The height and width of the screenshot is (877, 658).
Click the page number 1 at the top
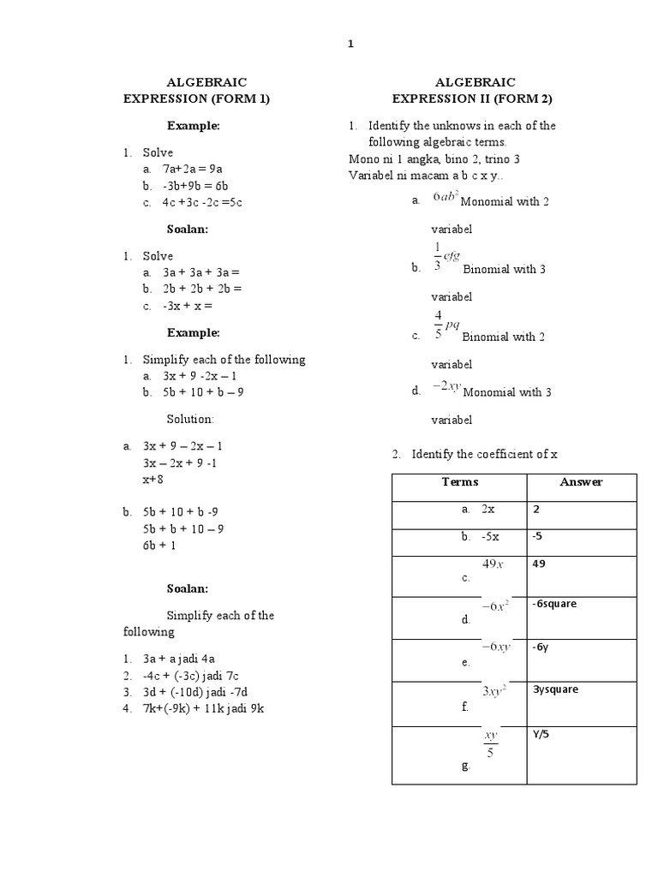coord(350,45)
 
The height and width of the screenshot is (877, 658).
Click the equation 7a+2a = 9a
coord(193,170)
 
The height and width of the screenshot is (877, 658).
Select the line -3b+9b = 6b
coord(195,186)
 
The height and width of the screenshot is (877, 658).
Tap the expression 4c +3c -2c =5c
coord(202,203)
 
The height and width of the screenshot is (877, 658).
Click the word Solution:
coord(190,419)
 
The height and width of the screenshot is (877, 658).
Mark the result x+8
coord(153,480)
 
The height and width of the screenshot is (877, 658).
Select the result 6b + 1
coord(159,545)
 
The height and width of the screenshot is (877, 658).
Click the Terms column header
coord(460,482)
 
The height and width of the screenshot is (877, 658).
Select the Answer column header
coord(581,482)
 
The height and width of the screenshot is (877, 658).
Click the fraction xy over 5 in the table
coord(490,744)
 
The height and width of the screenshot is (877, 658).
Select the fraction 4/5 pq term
coord(448,326)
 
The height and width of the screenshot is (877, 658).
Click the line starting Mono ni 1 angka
coord(434,159)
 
